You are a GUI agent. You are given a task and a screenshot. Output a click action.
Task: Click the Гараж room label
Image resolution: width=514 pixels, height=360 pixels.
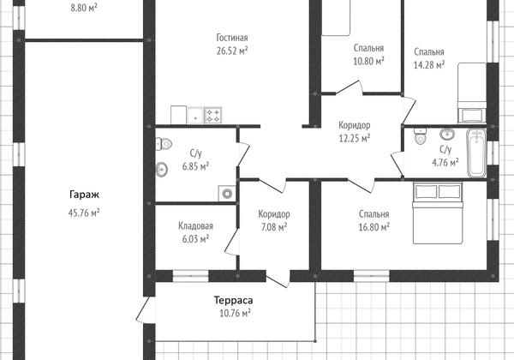tap(84, 195)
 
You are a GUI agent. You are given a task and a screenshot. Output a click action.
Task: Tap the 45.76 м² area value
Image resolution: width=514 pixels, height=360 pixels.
tap(84, 213)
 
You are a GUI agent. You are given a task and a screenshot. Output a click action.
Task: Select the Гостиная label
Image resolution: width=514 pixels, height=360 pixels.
tap(232, 38)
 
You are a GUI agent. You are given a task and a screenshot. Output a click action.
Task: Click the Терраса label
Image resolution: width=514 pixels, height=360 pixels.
tap(233, 300)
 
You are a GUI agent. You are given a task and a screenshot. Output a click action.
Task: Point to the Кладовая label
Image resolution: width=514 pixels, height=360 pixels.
tap(195, 226)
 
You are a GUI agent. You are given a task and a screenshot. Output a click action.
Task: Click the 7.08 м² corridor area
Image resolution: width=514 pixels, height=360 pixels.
tap(274, 227)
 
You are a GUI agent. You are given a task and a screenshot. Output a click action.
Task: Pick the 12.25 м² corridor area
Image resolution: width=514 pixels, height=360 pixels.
tap(355, 138)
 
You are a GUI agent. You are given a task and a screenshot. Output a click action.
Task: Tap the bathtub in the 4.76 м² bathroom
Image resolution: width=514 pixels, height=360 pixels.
tap(476, 153)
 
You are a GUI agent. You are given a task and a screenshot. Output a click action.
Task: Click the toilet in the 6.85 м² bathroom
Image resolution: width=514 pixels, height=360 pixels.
tap(164, 144)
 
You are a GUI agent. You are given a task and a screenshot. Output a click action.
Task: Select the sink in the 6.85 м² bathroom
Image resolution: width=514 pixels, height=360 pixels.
tap(161, 170)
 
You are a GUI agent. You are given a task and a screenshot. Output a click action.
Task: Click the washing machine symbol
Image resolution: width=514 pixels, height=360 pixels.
tap(227, 193)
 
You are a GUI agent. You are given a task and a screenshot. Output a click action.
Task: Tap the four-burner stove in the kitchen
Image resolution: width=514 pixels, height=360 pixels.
tap(213, 116)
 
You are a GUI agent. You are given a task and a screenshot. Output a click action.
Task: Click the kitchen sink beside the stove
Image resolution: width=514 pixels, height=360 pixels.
tap(195, 116)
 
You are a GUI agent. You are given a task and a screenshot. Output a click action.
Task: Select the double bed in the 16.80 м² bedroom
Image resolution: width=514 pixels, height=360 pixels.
tap(438, 213)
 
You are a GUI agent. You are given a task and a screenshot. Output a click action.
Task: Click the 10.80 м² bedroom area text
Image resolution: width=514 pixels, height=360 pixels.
tap(368, 62)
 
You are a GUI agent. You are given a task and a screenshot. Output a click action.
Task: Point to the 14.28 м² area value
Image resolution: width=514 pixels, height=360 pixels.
tap(429, 65)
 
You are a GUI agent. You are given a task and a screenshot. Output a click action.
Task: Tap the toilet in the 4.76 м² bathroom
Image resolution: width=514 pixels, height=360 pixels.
tap(420, 136)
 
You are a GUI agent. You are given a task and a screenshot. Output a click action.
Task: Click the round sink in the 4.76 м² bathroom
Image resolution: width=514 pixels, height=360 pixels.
tap(447, 134)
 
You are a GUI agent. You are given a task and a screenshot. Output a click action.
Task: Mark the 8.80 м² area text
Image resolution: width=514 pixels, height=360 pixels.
tap(84, 8)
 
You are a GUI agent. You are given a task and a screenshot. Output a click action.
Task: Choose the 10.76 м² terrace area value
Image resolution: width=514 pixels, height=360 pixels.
tap(235, 314)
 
